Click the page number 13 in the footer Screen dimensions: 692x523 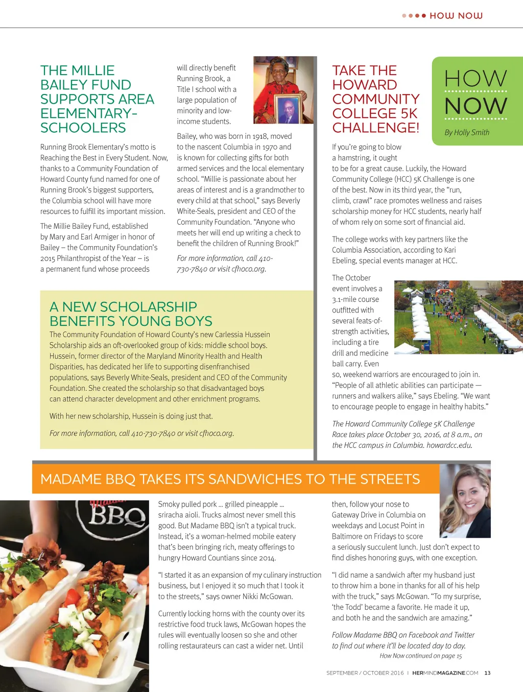click(487, 673)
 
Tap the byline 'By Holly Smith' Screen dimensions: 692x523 click(466, 132)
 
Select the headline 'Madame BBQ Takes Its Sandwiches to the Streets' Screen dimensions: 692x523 click(230, 479)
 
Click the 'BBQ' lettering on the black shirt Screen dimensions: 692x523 click(117, 516)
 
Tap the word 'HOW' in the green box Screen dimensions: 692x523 click(476, 78)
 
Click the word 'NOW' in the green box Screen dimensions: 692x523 click(476, 106)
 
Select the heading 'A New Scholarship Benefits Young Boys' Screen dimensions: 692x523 click(131, 314)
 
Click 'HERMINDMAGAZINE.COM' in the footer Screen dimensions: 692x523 click(445, 673)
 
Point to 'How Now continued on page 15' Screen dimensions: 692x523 click(420, 656)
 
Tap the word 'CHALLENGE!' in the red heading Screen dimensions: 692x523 click(375, 128)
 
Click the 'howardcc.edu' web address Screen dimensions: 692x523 click(449, 445)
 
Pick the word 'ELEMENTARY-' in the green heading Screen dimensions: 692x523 click(89, 113)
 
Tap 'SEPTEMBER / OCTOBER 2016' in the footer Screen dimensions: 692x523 click(365, 673)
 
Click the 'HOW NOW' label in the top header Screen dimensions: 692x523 click(456, 16)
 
